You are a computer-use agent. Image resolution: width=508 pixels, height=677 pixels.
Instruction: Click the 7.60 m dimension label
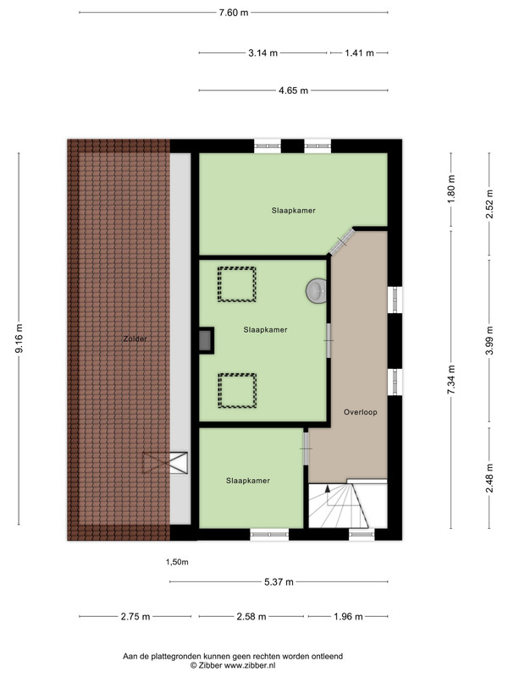click(234, 13)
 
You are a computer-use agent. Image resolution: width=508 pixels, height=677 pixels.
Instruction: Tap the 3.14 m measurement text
click(262, 53)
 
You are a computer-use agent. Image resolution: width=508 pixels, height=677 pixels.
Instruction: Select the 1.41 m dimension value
click(359, 53)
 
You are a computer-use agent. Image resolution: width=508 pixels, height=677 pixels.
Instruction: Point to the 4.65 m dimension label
click(293, 91)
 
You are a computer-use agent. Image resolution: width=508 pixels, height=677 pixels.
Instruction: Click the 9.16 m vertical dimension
click(19, 338)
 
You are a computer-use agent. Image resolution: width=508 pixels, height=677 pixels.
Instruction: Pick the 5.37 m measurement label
click(279, 582)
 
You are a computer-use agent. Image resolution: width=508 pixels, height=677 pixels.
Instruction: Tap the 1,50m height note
click(177, 562)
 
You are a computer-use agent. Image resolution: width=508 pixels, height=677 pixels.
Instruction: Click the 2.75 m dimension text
click(135, 617)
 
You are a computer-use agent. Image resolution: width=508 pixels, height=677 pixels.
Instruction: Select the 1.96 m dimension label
click(348, 617)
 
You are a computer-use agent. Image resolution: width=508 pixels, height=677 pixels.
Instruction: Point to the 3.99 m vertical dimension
click(489, 341)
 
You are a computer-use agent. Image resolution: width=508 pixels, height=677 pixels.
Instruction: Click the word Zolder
click(135, 339)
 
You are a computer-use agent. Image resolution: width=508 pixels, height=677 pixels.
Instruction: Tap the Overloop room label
click(361, 412)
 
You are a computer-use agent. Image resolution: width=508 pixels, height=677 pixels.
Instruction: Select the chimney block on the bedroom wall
click(206, 341)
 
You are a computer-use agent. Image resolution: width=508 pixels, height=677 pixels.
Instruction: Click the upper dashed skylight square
click(237, 284)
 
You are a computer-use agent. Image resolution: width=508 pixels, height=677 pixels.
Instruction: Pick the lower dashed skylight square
click(237, 391)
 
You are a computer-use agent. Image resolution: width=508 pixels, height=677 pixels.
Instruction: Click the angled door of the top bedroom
click(342, 242)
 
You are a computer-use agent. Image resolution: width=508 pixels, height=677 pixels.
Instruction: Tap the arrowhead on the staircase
click(328, 489)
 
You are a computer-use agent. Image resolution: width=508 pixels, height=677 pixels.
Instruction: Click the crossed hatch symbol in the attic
click(165, 462)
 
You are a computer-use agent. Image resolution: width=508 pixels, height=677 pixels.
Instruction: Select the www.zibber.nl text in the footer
click(250, 665)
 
